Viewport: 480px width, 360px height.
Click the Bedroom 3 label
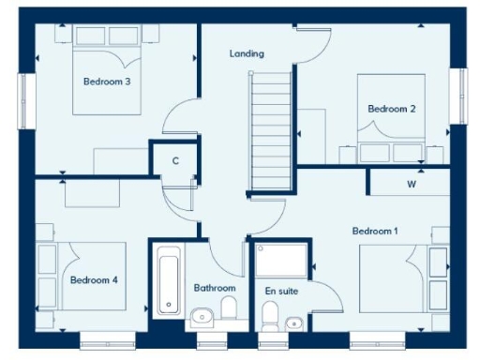(x=106, y=82)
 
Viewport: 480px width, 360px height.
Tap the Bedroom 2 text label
(x=391, y=109)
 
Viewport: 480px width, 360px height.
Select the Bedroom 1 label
(x=375, y=231)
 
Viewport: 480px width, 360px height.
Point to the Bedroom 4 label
(x=93, y=279)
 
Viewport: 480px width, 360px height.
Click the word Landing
(x=247, y=54)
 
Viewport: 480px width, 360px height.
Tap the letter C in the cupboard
(x=175, y=160)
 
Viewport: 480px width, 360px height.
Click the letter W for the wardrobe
(x=411, y=184)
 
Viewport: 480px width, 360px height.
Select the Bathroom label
(x=214, y=288)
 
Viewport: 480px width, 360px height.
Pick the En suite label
(x=281, y=292)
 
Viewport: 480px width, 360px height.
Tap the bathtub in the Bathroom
(x=169, y=278)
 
